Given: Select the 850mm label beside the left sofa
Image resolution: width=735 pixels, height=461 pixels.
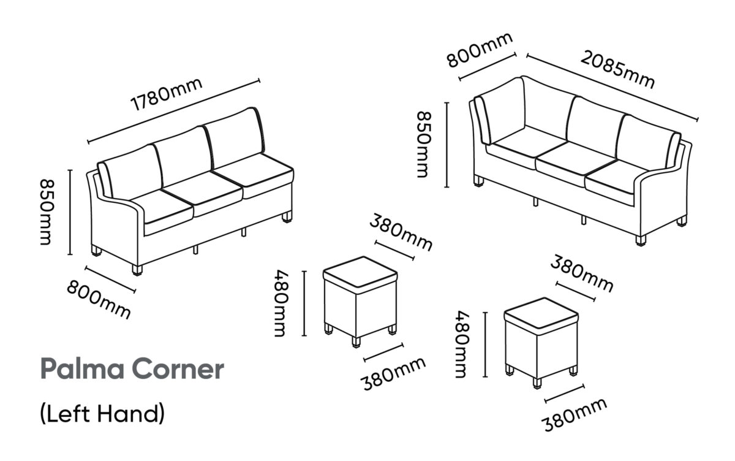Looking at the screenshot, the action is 47,211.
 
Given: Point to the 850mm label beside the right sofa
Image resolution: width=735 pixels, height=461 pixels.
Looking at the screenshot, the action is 424,145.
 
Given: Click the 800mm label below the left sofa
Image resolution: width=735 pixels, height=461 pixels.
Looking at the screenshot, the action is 99,299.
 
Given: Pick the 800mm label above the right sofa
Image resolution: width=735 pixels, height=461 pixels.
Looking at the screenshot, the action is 480,50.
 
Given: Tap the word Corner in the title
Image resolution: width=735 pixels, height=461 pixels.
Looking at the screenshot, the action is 178,370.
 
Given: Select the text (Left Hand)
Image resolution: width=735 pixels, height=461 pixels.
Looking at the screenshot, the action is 102,414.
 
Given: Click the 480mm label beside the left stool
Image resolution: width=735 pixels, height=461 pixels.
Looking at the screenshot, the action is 282,303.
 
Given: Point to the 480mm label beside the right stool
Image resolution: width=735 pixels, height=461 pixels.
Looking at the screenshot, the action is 462,345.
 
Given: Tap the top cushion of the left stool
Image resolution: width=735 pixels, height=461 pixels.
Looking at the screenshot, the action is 360,275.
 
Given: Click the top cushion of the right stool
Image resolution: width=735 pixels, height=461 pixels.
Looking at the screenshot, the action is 541,316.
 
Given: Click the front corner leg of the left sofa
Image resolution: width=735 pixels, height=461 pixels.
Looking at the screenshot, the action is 137,270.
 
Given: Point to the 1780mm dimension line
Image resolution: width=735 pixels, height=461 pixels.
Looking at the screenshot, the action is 174,112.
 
